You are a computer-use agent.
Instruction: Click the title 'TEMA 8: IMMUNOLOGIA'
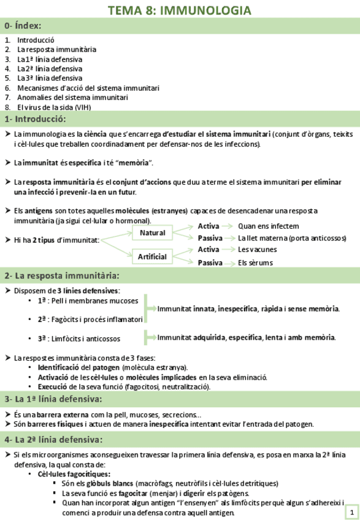pos(179,10)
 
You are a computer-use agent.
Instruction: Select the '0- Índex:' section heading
pos(23,26)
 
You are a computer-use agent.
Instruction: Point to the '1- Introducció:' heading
pos(35,119)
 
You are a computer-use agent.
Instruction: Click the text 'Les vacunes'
pos(257,250)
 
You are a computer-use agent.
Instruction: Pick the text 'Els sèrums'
pos(255,263)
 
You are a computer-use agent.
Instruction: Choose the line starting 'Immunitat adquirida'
pos(246,337)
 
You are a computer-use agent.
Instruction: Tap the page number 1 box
pos(352,511)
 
